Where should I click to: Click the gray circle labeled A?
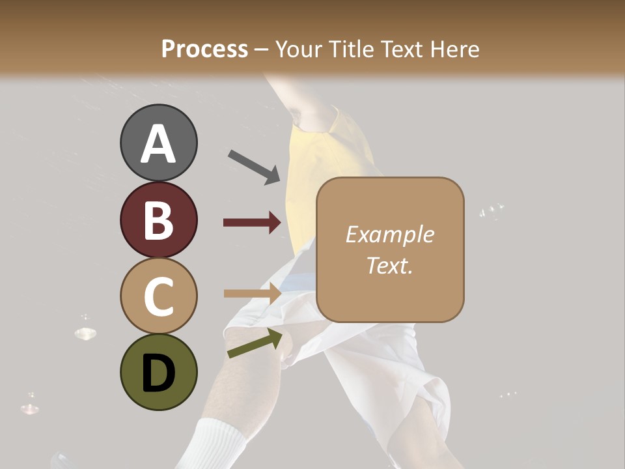(x=159, y=143)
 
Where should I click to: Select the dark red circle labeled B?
(x=159, y=220)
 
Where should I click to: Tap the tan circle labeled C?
(x=159, y=296)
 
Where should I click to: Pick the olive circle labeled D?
(x=159, y=372)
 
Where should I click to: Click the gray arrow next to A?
(x=254, y=167)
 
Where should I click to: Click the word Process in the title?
(x=204, y=49)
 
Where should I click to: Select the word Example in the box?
(x=389, y=234)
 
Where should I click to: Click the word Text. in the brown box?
(x=389, y=265)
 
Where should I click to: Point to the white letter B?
(x=159, y=220)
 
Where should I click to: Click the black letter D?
(x=159, y=373)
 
